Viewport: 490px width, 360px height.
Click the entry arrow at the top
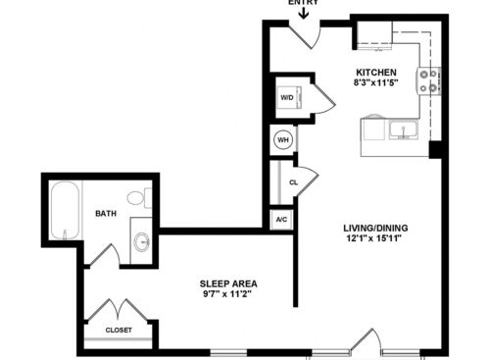pyautogui.click(x=304, y=13)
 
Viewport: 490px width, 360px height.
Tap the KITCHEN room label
pyautogui.click(x=376, y=73)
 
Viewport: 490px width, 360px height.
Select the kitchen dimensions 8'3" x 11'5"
pyautogui.click(x=376, y=82)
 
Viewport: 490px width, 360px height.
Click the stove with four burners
pyautogui.click(x=428, y=80)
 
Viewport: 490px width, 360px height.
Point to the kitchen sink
pyautogui.click(x=404, y=129)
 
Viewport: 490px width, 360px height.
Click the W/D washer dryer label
pyautogui.click(x=287, y=97)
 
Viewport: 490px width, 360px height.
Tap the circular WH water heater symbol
pyautogui.click(x=283, y=140)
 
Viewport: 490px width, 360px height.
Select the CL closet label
pyautogui.click(x=294, y=182)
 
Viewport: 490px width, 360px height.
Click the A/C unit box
pyautogui.click(x=281, y=220)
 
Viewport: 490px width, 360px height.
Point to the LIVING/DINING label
pyautogui.click(x=375, y=228)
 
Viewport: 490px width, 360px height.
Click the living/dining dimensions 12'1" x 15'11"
pyautogui.click(x=373, y=238)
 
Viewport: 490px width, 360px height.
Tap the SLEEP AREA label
pyautogui.click(x=228, y=283)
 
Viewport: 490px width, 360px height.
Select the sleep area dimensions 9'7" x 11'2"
pyautogui.click(x=227, y=294)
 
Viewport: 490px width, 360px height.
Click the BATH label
pyautogui.click(x=106, y=214)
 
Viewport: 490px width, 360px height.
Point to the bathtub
pyautogui.click(x=66, y=210)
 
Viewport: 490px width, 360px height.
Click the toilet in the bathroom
pyautogui.click(x=139, y=198)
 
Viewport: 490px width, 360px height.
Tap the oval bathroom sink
pyautogui.click(x=142, y=241)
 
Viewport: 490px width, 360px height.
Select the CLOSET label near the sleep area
pyautogui.click(x=119, y=331)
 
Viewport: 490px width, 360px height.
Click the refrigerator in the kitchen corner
pyautogui.click(x=374, y=35)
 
